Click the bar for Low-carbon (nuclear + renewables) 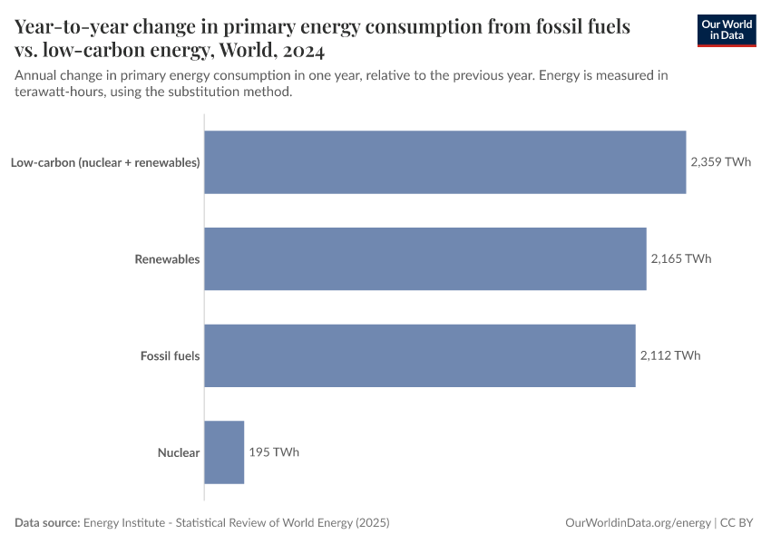click(444, 162)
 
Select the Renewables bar click(425, 258)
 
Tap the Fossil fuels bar click(419, 355)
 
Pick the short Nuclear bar click(224, 452)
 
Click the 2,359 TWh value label click(720, 162)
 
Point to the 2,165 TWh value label click(680, 258)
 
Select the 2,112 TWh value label click(669, 355)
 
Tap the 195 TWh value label click(274, 452)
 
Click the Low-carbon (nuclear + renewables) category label click(105, 162)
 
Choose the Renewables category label click(167, 259)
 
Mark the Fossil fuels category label click(170, 355)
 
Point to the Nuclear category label click(178, 452)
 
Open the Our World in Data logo click(726, 30)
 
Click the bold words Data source click(47, 523)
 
